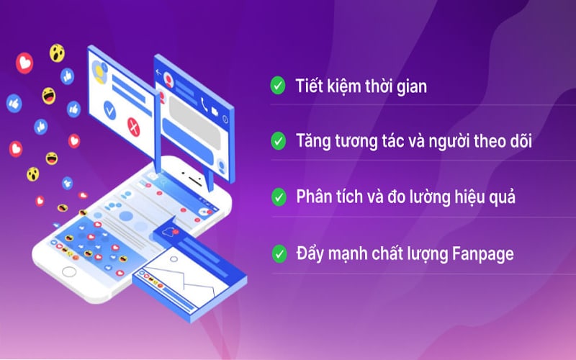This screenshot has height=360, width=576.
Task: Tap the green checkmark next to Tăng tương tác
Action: pyautogui.click(x=276, y=141)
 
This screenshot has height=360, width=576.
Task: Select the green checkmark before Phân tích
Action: pyautogui.click(x=276, y=197)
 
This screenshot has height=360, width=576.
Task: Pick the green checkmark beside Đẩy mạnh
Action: pyautogui.click(x=276, y=253)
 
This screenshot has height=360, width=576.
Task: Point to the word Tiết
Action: pyautogui.click(x=308, y=87)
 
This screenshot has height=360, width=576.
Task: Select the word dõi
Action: pyautogui.click(x=517, y=141)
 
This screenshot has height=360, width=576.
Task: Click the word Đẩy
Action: pyautogui.click(x=310, y=253)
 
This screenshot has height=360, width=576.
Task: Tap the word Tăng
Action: pyautogui.click(x=312, y=142)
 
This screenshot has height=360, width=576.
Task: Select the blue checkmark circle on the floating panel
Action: pyautogui.click(x=109, y=110)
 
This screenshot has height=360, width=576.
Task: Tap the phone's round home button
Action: pyautogui.click(x=69, y=271)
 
